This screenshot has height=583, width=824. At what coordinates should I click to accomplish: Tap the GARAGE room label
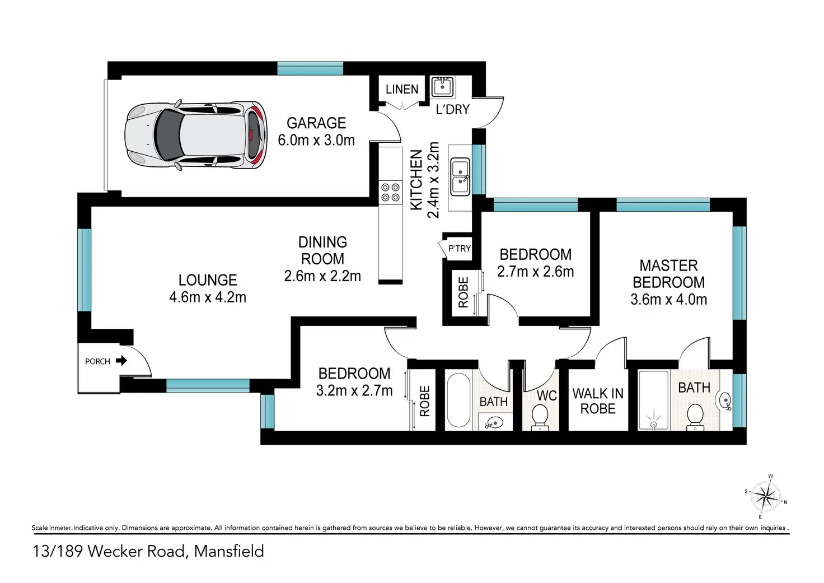(316, 123)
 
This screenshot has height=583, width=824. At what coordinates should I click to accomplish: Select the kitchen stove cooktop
(390, 192)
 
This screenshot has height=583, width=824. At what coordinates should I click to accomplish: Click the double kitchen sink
(460, 176)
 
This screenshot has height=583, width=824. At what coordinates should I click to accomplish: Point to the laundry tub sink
(442, 87)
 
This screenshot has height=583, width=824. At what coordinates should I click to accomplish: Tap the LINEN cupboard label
(402, 90)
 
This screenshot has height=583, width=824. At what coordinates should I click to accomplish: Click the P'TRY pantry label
(459, 249)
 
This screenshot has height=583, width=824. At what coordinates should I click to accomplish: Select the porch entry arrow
(121, 361)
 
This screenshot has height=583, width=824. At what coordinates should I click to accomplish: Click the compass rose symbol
(765, 496)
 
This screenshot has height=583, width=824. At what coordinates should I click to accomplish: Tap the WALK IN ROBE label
(598, 401)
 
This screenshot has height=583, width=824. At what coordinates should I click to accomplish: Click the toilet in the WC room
(540, 416)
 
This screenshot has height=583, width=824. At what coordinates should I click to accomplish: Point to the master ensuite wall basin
(724, 400)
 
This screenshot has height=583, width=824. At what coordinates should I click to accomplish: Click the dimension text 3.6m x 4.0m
(668, 300)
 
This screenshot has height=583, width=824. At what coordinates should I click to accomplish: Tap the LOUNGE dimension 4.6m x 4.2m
(208, 297)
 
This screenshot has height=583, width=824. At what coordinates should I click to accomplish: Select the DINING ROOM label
(322, 250)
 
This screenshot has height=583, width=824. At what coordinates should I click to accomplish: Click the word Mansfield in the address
(229, 551)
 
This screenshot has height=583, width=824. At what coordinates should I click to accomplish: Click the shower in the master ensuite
(654, 401)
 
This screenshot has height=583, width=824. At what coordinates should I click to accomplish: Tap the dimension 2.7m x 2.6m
(535, 272)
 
